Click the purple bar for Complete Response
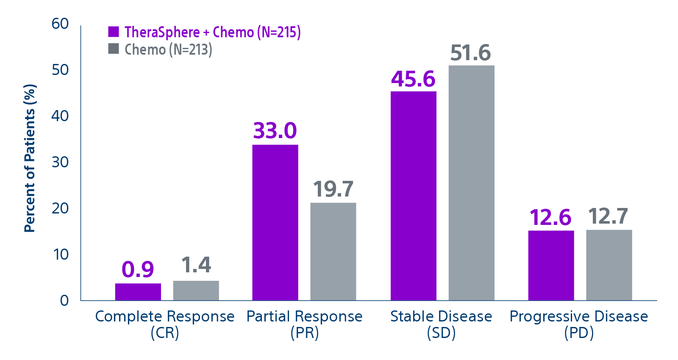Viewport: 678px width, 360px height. [x=138, y=292]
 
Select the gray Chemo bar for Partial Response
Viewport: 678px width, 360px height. [x=333, y=252]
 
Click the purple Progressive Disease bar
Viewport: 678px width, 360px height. [x=551, y=266]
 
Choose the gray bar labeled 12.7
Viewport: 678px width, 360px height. [x=609, y=265]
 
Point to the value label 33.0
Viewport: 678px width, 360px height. [x=275, y=130]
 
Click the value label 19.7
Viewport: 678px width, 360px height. [x=333, y=189]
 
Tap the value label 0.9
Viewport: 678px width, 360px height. [x=138, y=269]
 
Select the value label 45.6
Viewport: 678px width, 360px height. [x=413, y=79]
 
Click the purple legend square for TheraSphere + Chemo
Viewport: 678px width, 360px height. [x=114, y=32]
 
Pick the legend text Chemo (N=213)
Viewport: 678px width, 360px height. [x=168, y=50]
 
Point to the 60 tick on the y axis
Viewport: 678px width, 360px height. [x=60, y=24]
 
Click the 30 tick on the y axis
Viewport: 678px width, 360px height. [x=60, y=162]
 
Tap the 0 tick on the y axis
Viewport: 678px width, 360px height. [x=64, y=301]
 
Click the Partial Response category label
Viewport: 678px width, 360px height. [x=304, y=316]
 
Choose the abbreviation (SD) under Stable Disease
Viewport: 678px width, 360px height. [x=441, y=333]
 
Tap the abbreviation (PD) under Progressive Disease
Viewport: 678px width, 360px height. [x=579, y=333]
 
